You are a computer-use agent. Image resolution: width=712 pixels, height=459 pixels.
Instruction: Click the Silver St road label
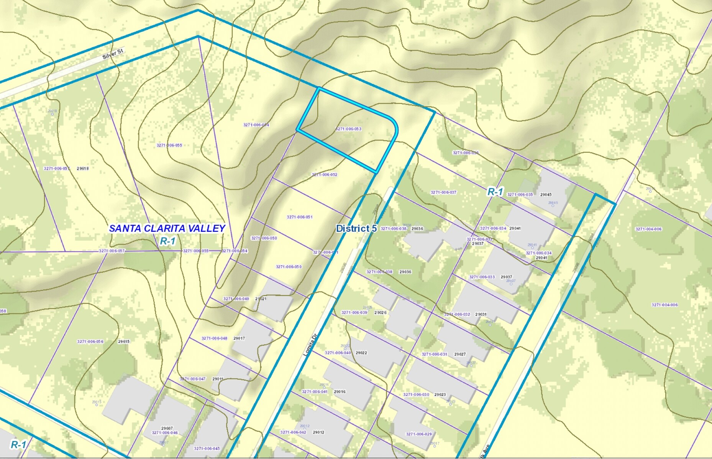pos(113,54)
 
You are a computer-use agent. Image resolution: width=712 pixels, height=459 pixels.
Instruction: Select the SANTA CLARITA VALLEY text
pos(167,228)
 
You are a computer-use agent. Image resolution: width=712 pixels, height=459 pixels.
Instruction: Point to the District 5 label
pos(356,228)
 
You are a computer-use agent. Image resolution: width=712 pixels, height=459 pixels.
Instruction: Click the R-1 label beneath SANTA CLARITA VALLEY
pos(167,241)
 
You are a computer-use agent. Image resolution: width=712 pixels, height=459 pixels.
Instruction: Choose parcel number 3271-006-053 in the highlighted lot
pos(348,129)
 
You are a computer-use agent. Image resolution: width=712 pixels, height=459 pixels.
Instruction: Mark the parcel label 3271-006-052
pos(325,175)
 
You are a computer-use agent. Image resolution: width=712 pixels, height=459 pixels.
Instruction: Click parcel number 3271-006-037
pos(443,192)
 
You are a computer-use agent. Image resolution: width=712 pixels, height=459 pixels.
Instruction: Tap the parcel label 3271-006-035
pos(520,195)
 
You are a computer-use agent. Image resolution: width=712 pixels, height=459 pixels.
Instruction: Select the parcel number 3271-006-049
pos(236,299)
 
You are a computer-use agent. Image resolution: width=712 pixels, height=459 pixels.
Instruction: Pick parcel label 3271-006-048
pos(214,338)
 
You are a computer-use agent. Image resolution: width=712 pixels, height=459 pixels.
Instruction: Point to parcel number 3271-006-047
pos(193,379)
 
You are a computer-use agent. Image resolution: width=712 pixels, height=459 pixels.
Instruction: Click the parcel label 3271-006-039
pos(354,313)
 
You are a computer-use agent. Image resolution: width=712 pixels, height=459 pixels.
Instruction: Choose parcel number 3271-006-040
pos(338,353)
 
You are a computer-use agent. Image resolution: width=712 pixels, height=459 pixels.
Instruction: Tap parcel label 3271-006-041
pos(315,392)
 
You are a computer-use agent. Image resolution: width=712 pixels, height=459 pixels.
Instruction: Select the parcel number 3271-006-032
pos(457,314)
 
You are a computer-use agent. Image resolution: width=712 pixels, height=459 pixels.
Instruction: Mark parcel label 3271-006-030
pos(416,394)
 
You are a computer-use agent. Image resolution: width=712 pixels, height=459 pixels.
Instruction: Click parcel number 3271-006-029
pos(419,434)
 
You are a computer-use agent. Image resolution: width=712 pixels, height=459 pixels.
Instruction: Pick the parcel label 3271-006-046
pos(165,433)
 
